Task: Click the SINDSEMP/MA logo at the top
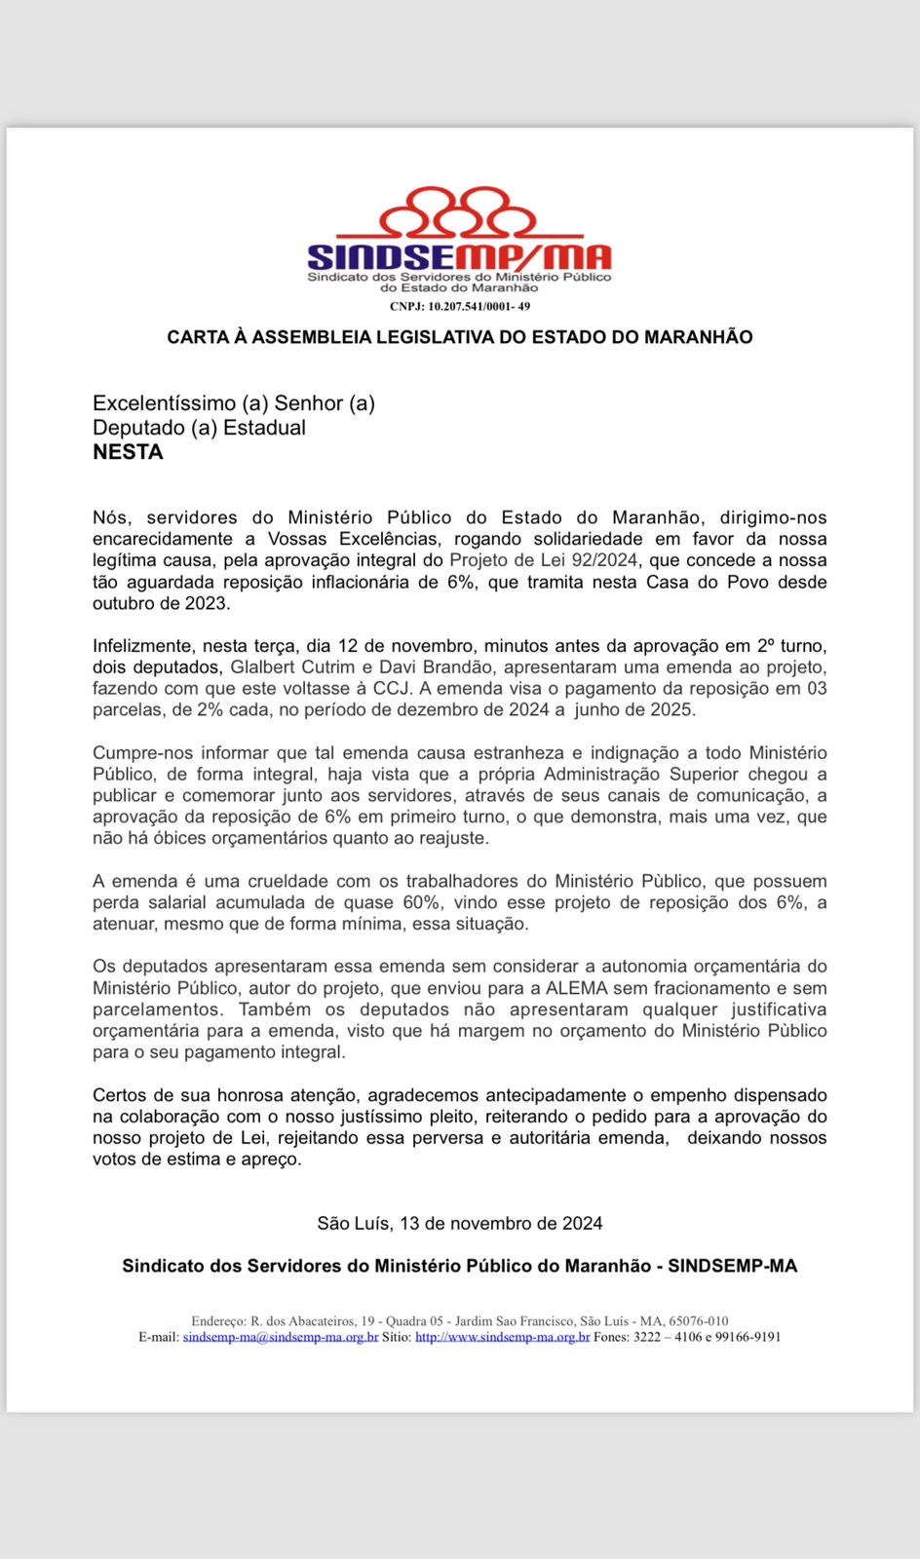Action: tap(459, 240)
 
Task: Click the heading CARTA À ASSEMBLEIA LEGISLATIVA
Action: tap(460, 337)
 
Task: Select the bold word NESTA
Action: tap(128, 452)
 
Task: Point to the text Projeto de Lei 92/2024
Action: tap(543, 560)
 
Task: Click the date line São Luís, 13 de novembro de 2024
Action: tap(460, 1223)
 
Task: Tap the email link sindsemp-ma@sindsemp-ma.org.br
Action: tap(281, 1337)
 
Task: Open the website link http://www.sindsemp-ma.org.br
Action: tap(502, 1337)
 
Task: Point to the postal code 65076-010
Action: tap(698, 1321)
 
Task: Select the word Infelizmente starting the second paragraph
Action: tap(141, 646)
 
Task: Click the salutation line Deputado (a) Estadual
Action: tap(199, 428)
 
